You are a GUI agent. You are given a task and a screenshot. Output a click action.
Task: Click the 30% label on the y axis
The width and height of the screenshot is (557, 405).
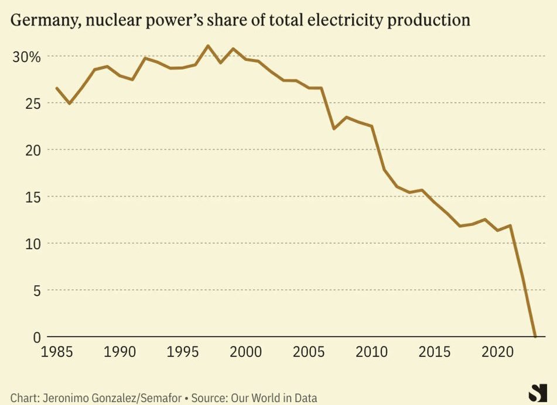coord(27,57)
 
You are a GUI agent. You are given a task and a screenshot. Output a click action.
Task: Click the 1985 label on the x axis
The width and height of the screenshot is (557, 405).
coord(57,352)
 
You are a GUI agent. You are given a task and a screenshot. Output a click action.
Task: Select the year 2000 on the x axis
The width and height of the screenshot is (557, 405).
coord(246,352)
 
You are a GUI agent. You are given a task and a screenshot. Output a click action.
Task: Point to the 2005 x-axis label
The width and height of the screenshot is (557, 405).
coord(309,352)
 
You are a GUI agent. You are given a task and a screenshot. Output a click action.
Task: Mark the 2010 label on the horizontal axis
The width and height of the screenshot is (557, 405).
coord(372,352)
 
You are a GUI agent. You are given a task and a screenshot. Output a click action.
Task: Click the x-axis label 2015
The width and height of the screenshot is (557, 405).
coord(435,352)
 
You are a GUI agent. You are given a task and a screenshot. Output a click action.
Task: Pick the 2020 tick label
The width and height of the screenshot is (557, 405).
coord(498,352)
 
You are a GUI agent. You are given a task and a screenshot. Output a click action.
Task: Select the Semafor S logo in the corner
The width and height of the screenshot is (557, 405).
coord(535,392)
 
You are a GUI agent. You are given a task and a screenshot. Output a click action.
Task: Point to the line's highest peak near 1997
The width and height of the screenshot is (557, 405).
coord(208,46)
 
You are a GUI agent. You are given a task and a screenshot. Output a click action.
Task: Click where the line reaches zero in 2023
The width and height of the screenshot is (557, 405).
coord(535,337)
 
